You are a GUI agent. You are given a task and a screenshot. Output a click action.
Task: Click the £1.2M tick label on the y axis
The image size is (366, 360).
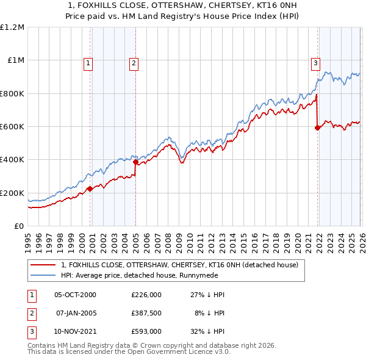click(x=12, y=27)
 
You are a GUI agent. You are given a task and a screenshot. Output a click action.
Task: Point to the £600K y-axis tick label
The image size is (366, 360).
click(x=12, y=127)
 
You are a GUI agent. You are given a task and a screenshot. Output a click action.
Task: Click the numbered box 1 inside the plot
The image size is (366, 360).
click(x=88, y=62)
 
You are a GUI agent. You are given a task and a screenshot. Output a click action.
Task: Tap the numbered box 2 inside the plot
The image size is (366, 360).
click(x=134, y=62)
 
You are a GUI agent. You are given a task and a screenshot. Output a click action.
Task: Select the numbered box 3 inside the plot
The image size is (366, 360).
click(x=315, y=62)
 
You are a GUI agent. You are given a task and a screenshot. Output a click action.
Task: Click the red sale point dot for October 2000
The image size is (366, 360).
click(x=90, y=189)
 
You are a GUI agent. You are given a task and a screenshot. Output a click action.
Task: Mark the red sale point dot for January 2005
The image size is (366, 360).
click(x=135, y=162)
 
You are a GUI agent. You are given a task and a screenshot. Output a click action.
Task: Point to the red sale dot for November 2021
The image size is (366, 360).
click(x=317, y=128)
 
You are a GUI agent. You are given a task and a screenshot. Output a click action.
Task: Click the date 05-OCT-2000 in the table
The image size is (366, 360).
click(x=76, y=295)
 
